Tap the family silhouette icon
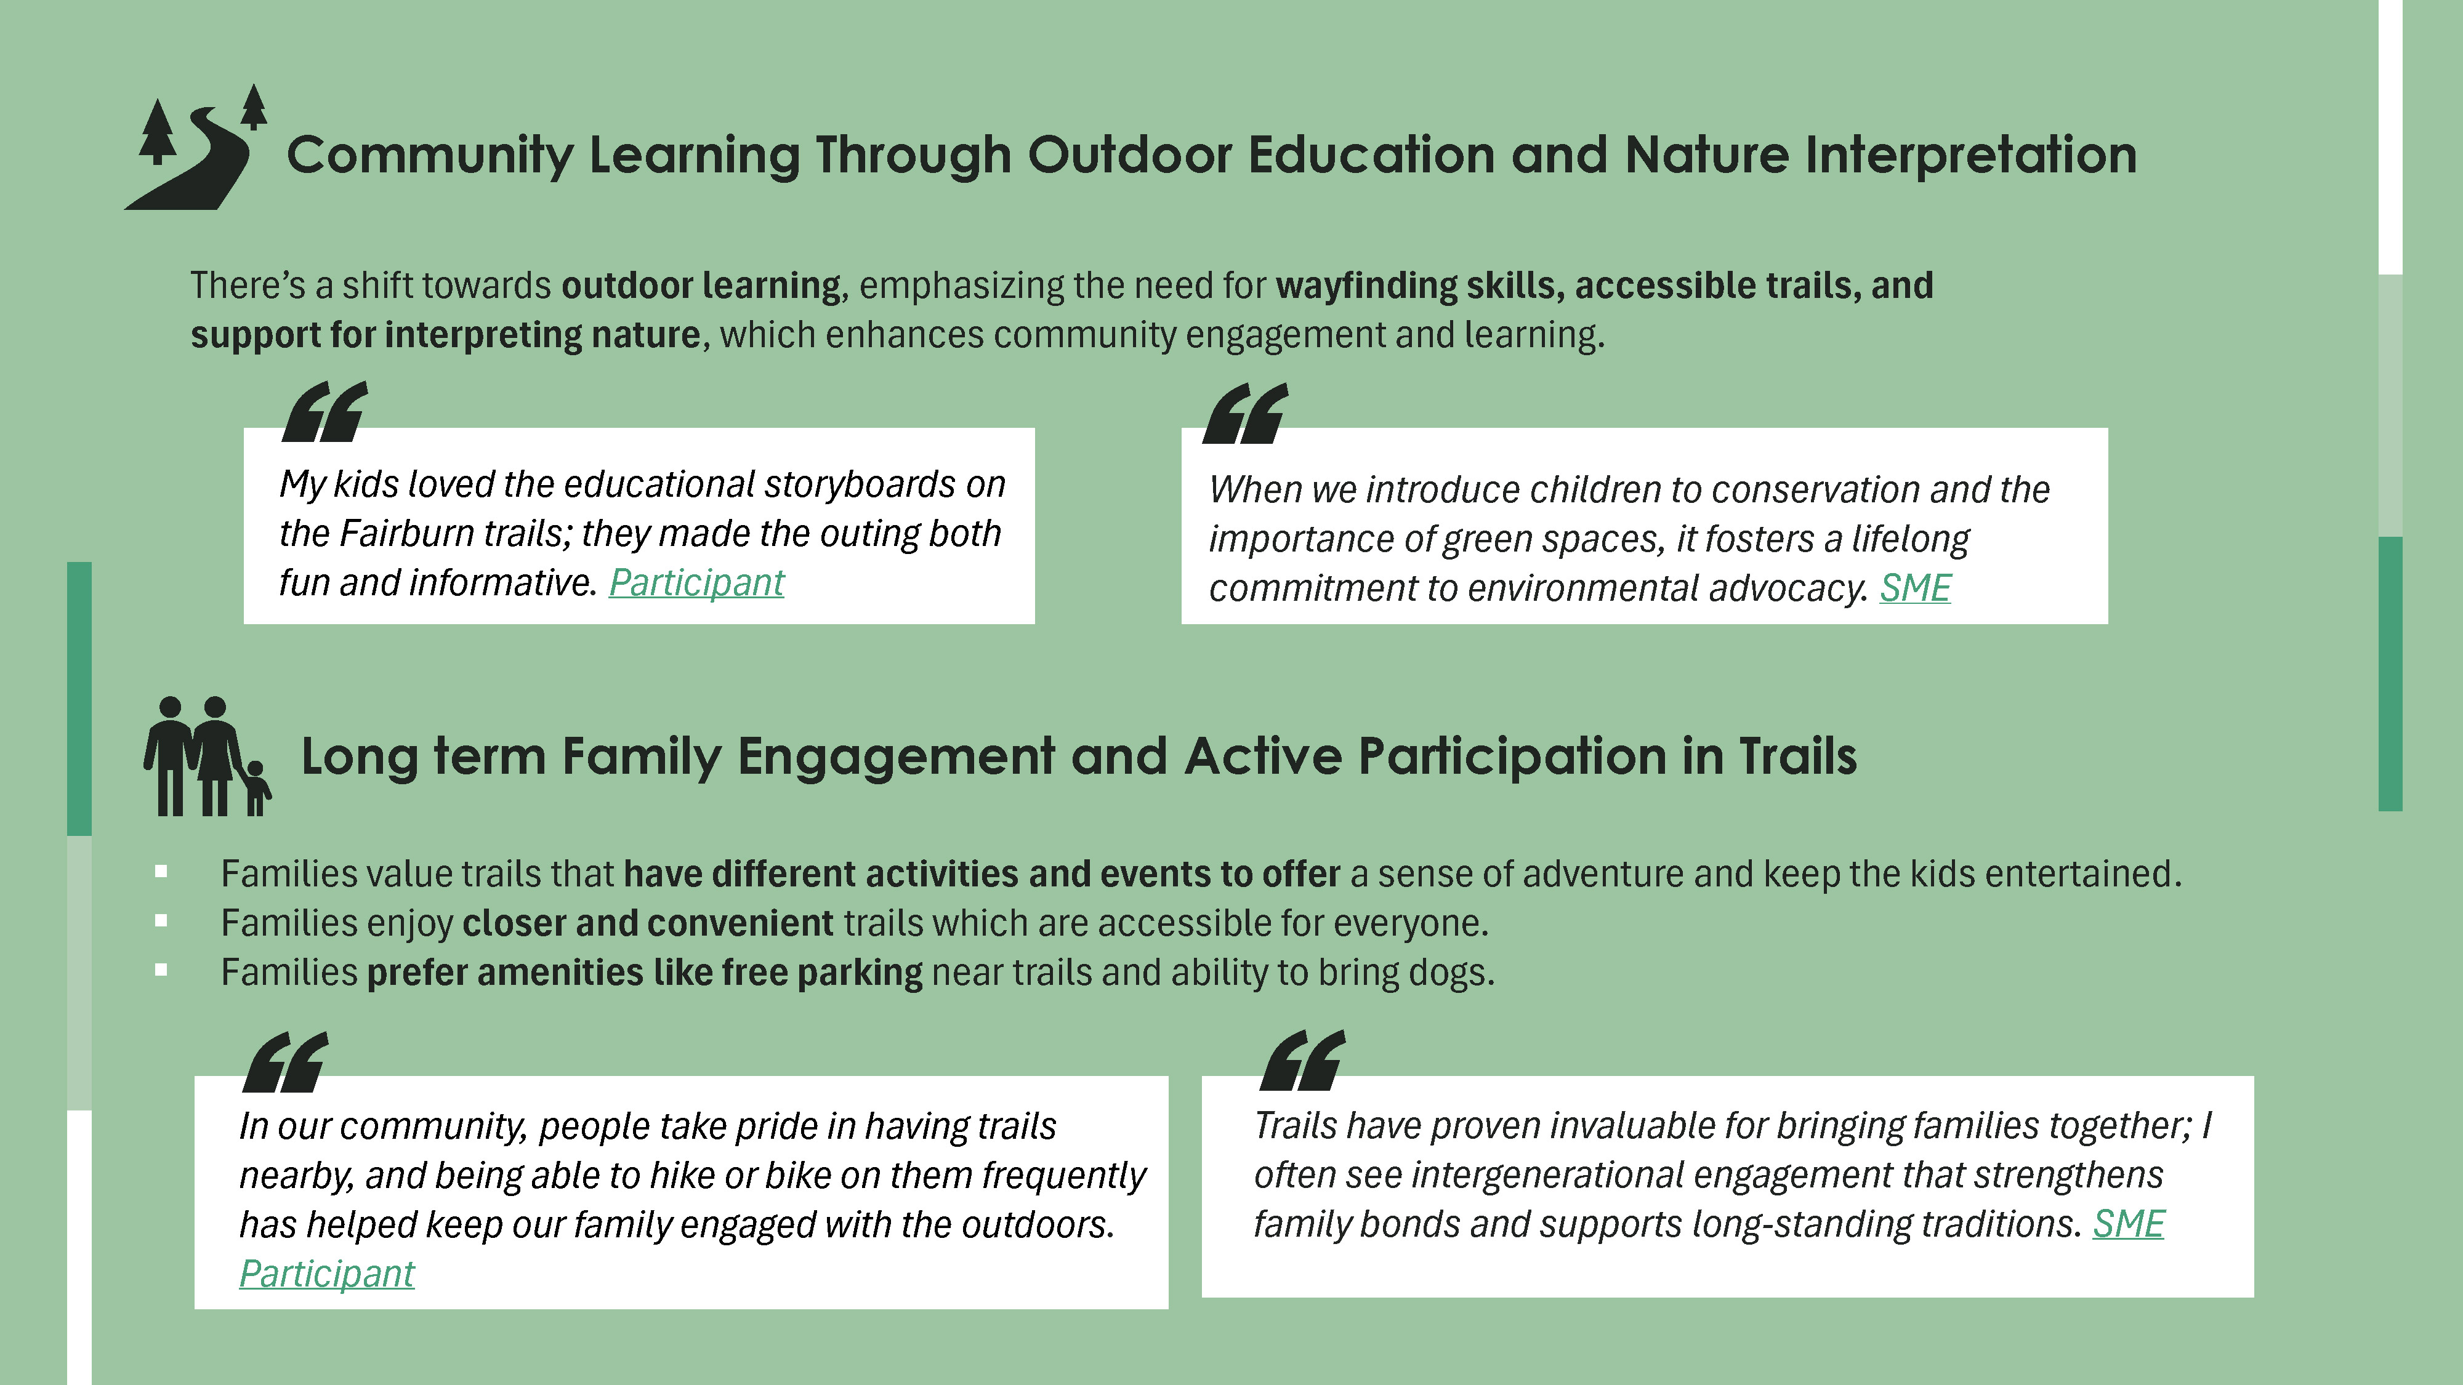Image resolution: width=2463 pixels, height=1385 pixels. pyautogui.click(x=208, y=756)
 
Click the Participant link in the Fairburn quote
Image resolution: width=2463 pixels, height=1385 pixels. pyautogui.click(x=696, y=582)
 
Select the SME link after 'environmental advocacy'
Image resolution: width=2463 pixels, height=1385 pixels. pyautogui.click(x=1915, y=588)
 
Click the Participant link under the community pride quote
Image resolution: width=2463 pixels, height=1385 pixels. pyautogui.click(x=326, y=1273)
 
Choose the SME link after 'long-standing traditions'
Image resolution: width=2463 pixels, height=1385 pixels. pyautogui.click(x=2129, y=1224)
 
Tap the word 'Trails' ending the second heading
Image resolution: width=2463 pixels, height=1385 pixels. pyautogui.click(x=1797, y=756)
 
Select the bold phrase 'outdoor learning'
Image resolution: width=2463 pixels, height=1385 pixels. pyautogui.click(x=701, y=286)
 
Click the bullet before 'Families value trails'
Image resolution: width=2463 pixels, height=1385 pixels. pyautogui.click(x=161, y=872)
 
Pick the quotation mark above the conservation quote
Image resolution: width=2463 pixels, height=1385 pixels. pyautogui.click(x=1245, y=413)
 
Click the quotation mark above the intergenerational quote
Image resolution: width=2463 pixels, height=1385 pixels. pyautogui.click(x=1302, y=1060)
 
